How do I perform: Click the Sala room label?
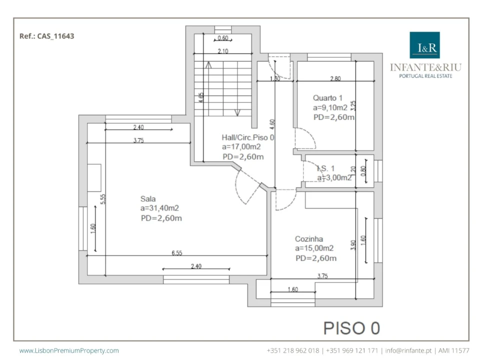148,199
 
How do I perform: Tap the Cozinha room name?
309,239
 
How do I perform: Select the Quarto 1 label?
327,98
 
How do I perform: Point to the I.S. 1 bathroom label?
325,168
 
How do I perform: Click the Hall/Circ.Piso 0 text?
247,137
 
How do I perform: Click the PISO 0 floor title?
351,328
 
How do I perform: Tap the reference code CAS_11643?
55,36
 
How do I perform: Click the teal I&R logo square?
424,45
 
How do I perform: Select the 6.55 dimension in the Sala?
177,253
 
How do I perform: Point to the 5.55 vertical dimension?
103,199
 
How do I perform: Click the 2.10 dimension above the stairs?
223,51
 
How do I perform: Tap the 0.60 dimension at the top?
223,38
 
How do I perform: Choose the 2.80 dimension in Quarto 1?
335,78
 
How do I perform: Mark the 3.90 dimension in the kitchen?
353,245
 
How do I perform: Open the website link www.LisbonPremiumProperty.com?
69,350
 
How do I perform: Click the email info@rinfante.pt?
408,350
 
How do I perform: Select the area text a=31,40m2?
159,208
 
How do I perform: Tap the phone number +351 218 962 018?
293,350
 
